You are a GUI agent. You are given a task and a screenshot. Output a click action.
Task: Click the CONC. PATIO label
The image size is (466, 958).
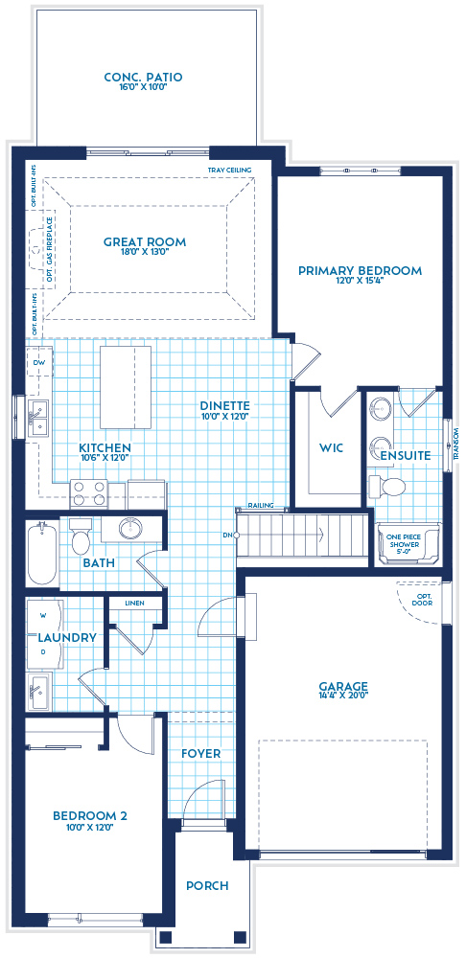pos(143,78)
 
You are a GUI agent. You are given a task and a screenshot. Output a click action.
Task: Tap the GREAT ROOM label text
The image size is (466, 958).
pos(145,242)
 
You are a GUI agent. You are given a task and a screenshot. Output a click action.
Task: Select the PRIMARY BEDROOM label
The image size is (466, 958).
pos(360,271)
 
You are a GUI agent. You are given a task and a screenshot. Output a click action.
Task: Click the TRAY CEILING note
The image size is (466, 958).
pos(229,171)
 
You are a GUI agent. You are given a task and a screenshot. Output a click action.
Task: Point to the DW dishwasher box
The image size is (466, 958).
pos(39,364)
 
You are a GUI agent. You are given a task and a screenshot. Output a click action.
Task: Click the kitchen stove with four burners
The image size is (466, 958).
pos(88,493)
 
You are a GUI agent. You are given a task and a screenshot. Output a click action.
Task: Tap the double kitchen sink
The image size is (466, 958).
pos(40,418)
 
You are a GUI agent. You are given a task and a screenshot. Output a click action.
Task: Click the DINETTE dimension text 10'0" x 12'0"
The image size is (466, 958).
pos(224,419)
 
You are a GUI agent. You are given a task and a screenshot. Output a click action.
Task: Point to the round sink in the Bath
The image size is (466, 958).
pos(129,528)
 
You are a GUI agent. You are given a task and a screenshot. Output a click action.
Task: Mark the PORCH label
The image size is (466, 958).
pos(207,886)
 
